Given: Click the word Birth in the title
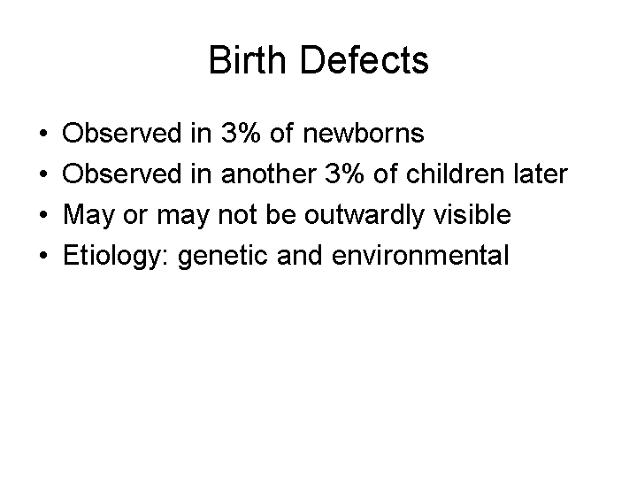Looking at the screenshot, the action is click(248, 60).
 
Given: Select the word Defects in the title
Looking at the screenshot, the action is click(365, 60).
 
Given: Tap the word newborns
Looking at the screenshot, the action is click(364, 133).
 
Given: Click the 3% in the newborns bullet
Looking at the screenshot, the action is click(241, 133).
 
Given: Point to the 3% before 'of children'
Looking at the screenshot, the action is click(344, 173).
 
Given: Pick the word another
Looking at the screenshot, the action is click(269, 173).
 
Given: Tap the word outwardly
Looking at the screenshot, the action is click(365, 215).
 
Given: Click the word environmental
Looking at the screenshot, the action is click(420, 255).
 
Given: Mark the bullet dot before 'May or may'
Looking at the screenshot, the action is click(43, 214).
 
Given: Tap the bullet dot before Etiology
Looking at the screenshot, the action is click(43, 255).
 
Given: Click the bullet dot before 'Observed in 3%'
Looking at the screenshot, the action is click(43, 133).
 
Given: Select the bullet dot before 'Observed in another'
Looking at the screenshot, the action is click(43, 173).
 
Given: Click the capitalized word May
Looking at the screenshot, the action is click(89, 215).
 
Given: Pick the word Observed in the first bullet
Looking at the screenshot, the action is click(121, 133).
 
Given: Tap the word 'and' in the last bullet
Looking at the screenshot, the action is click(300, 255).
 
